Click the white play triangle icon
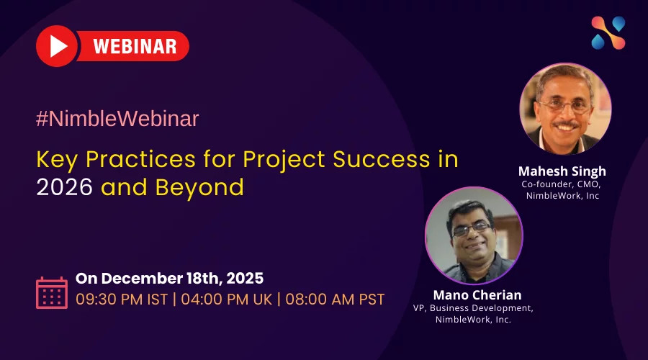coord(58,46)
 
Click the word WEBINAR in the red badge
coord(135,46)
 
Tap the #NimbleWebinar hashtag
coord(117,119)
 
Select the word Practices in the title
coord(140,159)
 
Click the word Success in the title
coord(382,159)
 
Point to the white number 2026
coord(65,187)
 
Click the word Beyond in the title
coord(199,188)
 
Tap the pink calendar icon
coord(52,292)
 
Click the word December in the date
coord(142,278)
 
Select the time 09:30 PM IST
coord(122,300)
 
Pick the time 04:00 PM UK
coord(227,300)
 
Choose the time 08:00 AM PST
coord(335,300)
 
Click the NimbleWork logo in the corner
coord(608,33)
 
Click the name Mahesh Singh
coord(562,171)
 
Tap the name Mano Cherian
coord(477,294)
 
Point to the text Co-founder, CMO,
coord(561,184)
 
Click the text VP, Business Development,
coord(473,308)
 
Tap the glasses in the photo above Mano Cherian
coord(472,229)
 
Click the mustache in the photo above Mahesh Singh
coord(566,124)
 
